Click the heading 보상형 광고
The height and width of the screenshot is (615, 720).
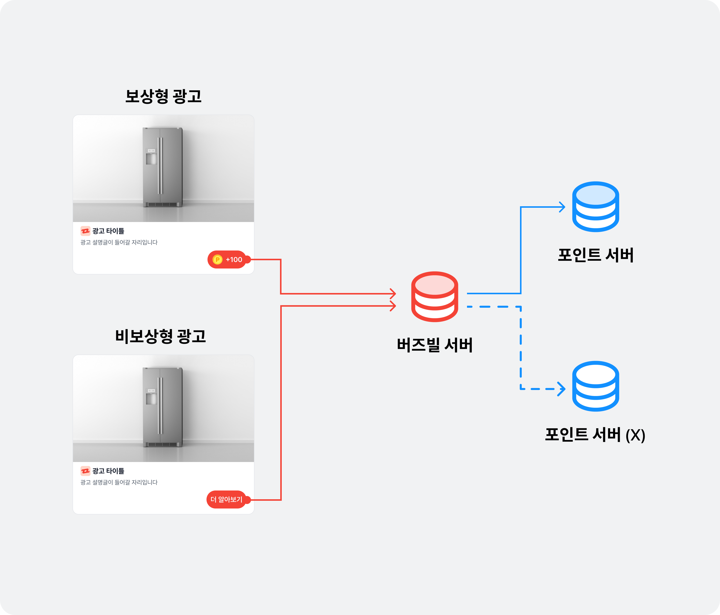click(163, 96)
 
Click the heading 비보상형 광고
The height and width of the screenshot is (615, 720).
click(160, 336)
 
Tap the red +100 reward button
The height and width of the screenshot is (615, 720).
click(227, 259)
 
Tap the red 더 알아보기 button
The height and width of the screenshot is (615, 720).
click(226, 500)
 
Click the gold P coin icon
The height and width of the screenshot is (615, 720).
click(217, 259)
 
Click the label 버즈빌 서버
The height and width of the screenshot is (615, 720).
click(435, 345)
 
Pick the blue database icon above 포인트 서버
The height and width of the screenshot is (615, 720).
click(595, 207)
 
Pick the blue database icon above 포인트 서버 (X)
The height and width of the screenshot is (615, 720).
click(595, 386)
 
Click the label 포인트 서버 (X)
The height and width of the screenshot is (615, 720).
click(595, 435)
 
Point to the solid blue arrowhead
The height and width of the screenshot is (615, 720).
click(562, 207)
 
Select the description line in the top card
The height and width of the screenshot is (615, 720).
click(119, 242)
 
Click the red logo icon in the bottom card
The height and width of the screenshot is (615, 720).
click(85, 471)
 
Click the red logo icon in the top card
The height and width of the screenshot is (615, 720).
click(85, 231)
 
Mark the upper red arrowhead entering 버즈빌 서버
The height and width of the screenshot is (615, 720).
click(393, 293)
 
